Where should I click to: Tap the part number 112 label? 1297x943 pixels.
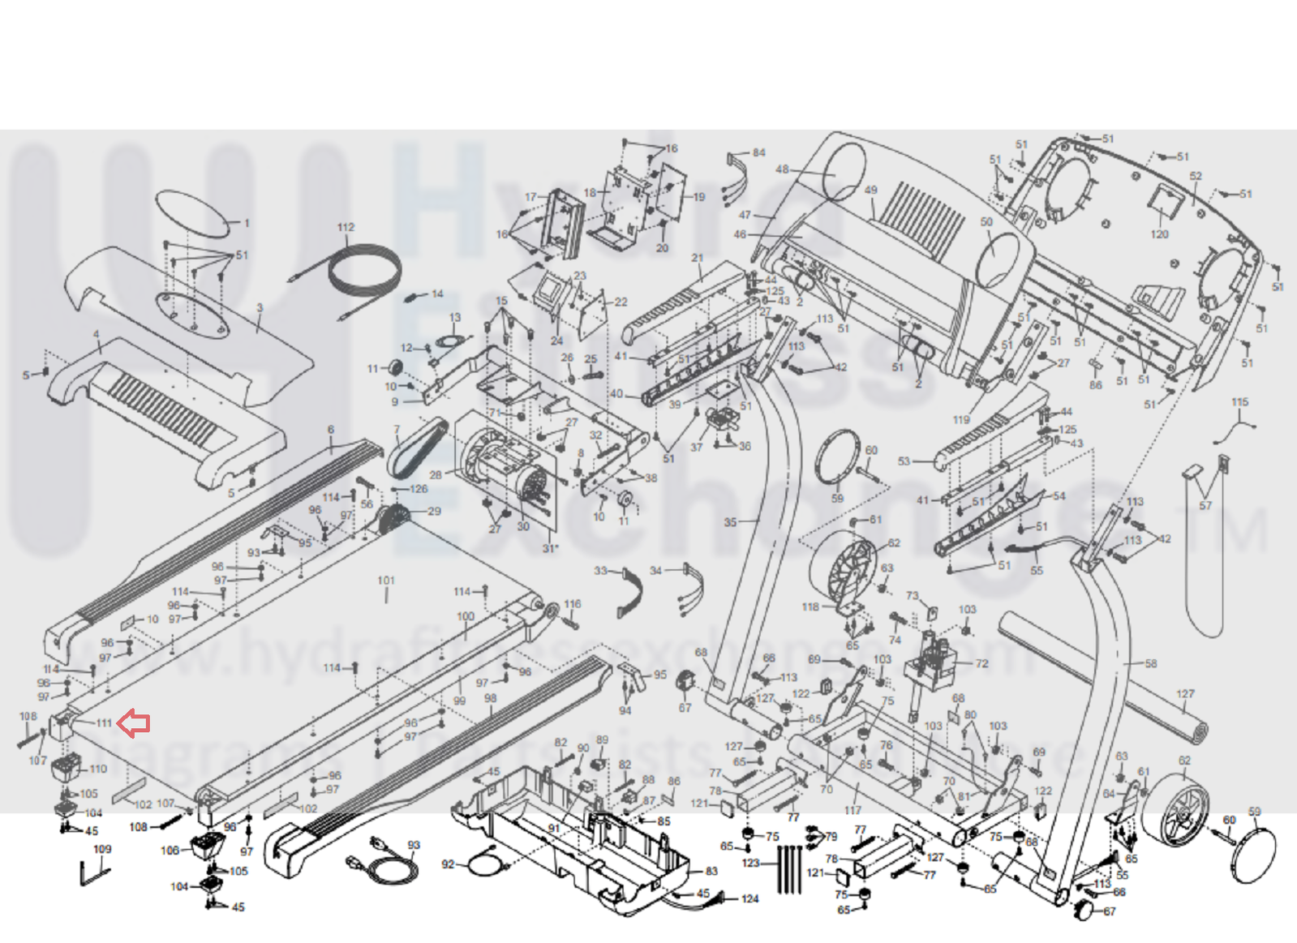point(346,228)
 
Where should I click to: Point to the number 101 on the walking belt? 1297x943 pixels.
point(386,581)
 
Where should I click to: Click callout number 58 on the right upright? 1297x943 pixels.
point(1151,664)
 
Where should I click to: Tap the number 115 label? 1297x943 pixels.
point(1239,403)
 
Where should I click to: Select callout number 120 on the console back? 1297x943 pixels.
point(1159,234)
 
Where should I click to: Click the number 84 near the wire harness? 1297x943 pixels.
point(758,152)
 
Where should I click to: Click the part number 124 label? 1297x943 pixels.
point(750,898)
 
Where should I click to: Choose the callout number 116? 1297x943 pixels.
point(573,604)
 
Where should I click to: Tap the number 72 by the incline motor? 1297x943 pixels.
point(981,663)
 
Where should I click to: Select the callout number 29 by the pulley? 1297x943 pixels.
point(434,512)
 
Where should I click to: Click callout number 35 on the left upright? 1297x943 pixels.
point(730,522)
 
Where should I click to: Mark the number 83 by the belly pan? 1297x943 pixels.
point(711,872)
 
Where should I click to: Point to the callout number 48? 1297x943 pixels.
point(782,169)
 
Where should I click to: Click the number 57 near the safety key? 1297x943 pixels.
point(1205,506)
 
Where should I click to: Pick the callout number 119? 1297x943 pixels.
point(961,420)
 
